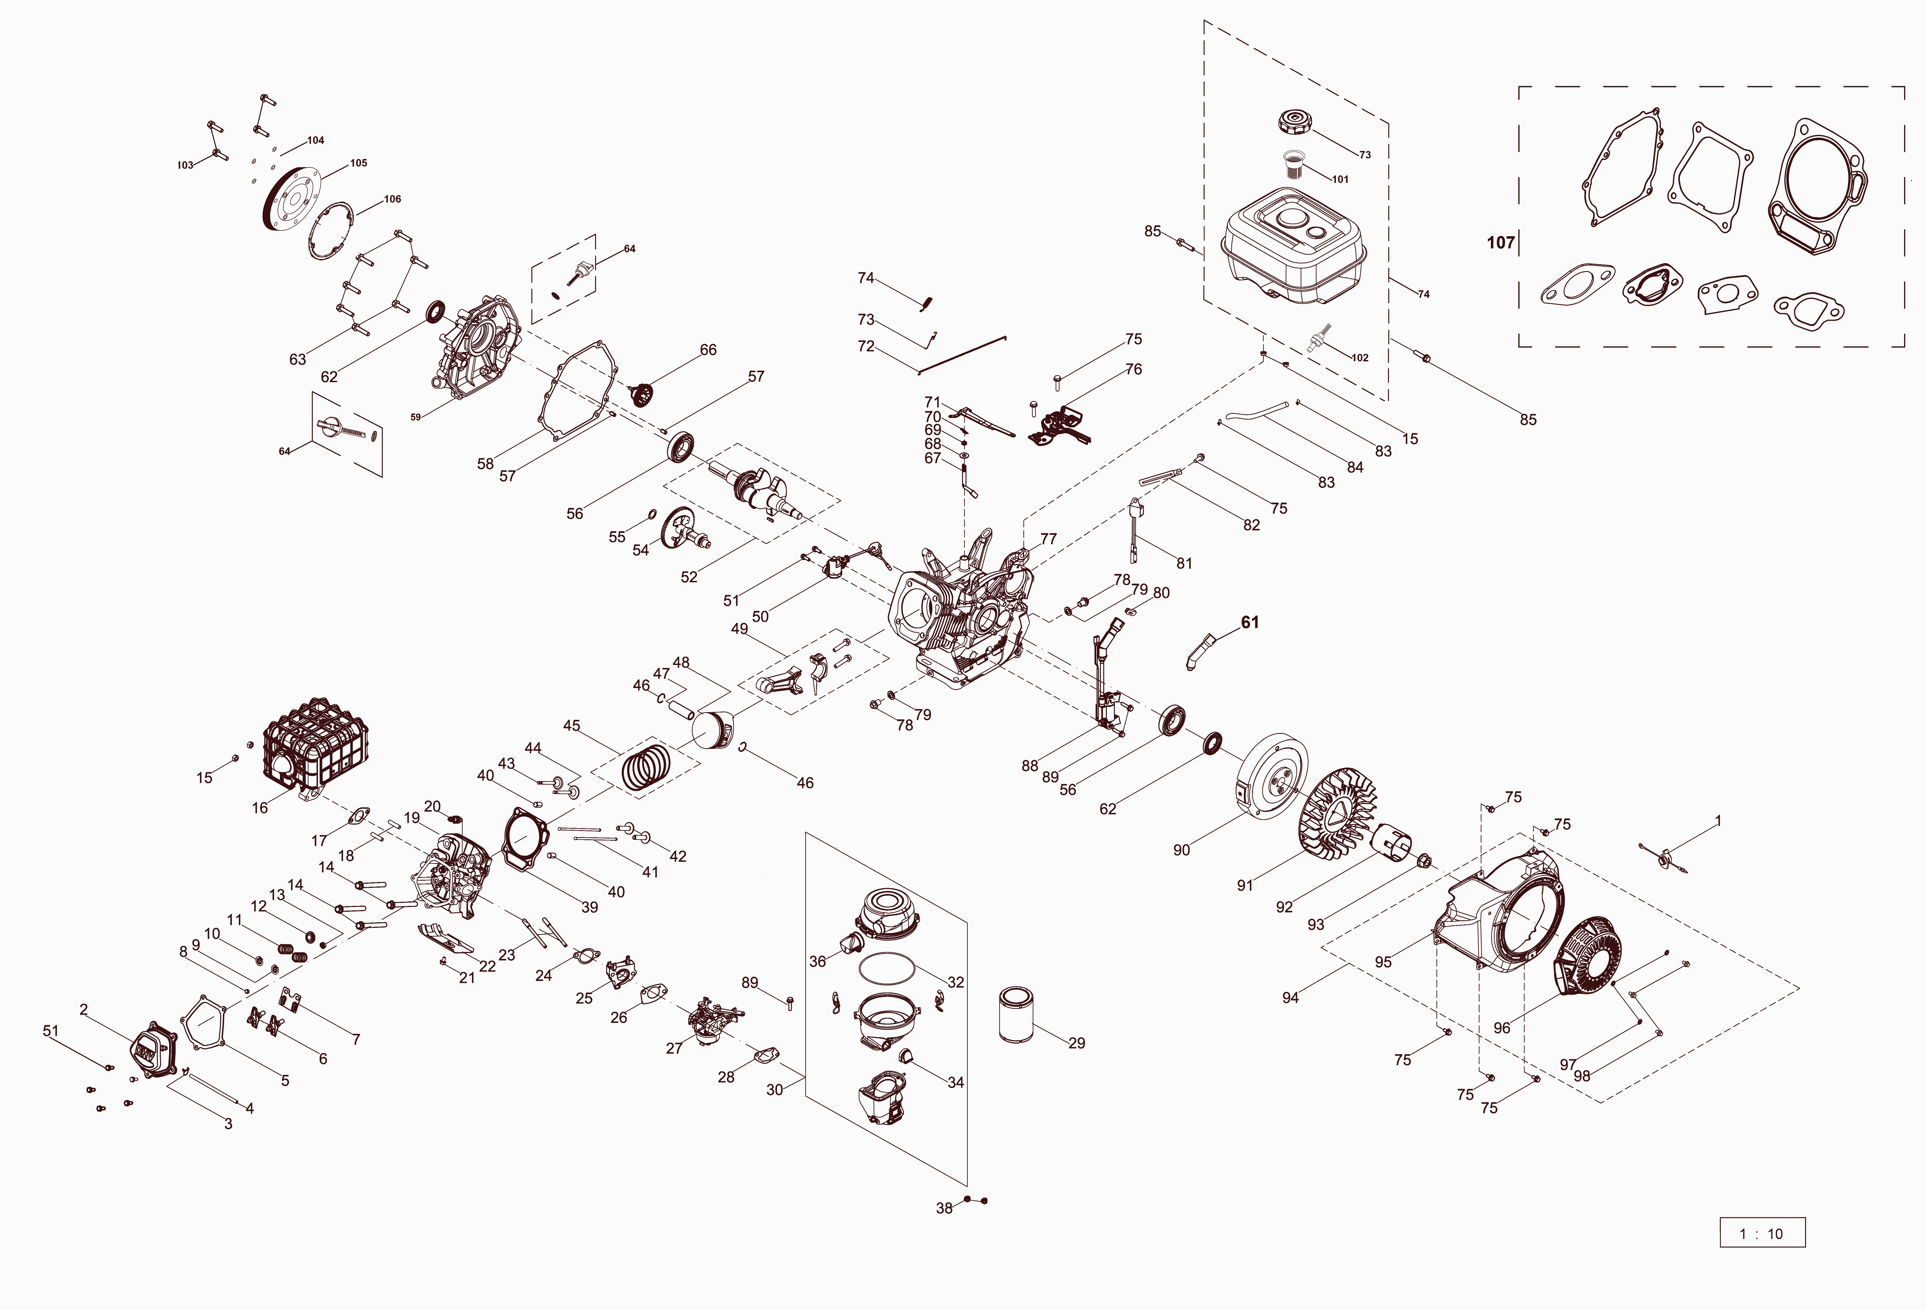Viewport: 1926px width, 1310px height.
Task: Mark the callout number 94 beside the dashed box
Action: point(1290,997)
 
